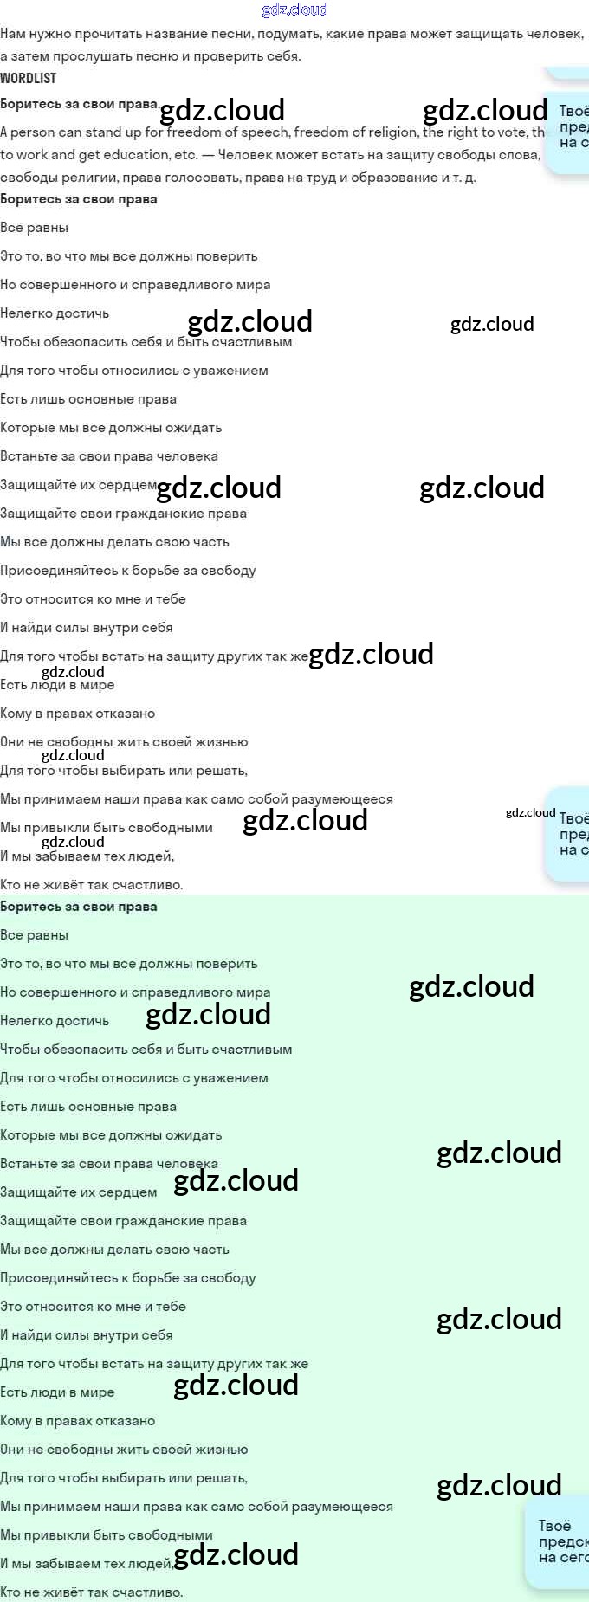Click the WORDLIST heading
(x=28, y=78)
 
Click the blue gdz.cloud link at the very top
(x=294, y=10)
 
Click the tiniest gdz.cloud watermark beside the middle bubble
(x=530, y=812)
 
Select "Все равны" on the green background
(x=35, y=935)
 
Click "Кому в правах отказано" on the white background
(x=78, y=714)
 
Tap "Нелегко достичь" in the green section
(x=55, y=1021)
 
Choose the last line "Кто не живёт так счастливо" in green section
(x=92, y=1592)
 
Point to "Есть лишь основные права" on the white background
(x=88, y=399)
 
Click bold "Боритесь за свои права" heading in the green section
(x=79, y=907)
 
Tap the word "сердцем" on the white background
(x=130, y=485)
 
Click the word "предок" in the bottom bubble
(x=563, y=1541)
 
